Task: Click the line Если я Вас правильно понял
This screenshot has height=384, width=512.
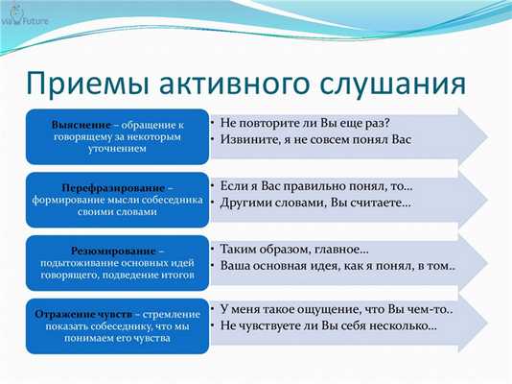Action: click(315, 185)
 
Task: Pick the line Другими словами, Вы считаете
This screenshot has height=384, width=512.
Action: click(315, 204)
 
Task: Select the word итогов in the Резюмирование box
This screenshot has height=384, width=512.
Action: click(176, 274)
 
